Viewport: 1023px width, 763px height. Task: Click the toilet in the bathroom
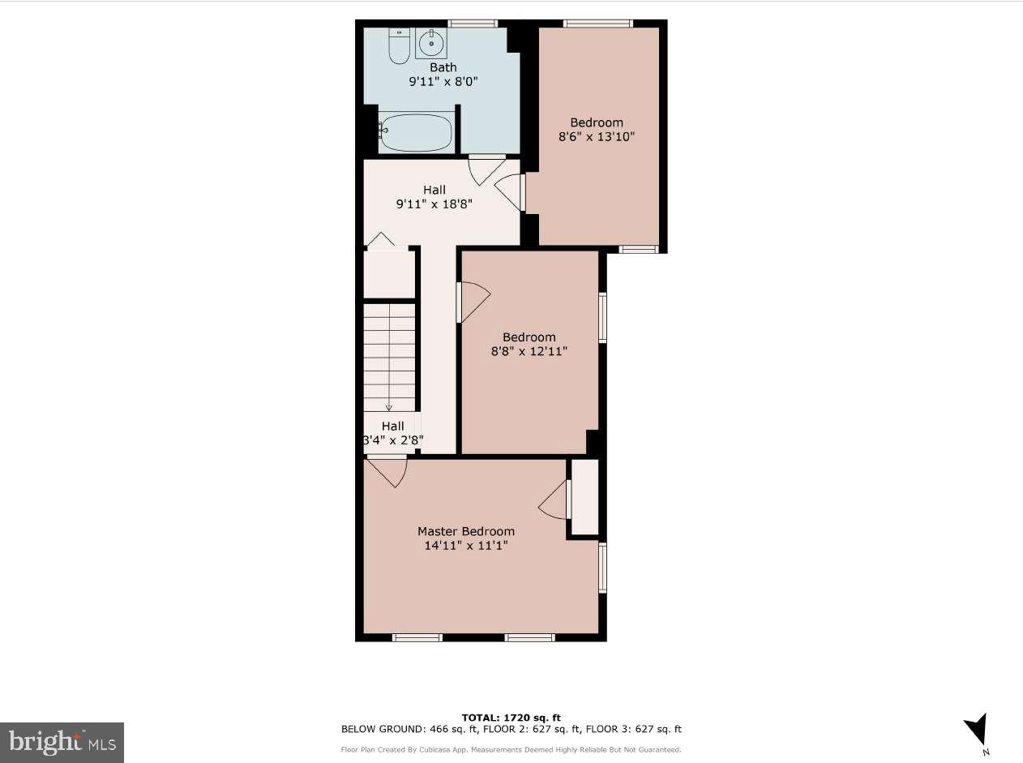399,47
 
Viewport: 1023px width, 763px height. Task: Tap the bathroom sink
431,44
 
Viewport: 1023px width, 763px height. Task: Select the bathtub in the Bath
416,132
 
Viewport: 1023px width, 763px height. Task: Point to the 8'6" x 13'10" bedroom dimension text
596,137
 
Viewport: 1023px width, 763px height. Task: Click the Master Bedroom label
465,531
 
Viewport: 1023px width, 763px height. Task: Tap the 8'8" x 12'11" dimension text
529,351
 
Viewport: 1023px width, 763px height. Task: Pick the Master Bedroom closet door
554,499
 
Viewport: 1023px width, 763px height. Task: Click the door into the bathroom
486,169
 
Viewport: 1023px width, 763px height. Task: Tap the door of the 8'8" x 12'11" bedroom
473,302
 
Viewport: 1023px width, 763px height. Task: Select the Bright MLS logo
62,742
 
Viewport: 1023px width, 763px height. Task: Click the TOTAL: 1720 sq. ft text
511,718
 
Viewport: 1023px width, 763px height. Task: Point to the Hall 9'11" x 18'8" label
434,198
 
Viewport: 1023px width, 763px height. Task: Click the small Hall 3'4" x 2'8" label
392,433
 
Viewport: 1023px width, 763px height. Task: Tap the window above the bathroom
473,24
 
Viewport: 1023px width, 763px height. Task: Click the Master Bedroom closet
584,497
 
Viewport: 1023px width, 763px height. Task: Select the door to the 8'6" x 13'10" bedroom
511,192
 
